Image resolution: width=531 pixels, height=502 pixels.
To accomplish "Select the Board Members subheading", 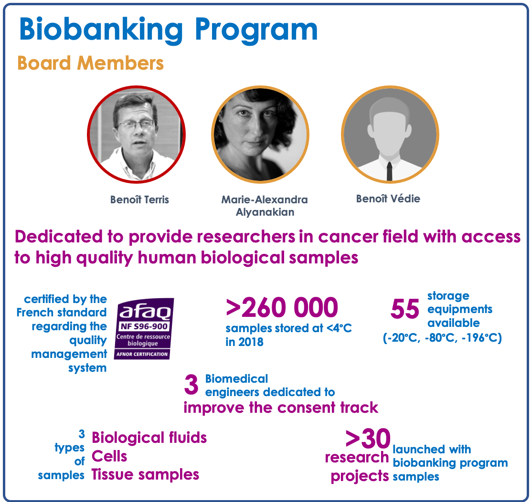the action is (90, 63).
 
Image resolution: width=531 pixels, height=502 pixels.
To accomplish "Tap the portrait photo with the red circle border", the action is (136, 135).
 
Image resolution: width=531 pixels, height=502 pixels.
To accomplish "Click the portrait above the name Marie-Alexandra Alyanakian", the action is (260, 135).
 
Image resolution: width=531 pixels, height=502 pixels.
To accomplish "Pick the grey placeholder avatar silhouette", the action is (390, 135).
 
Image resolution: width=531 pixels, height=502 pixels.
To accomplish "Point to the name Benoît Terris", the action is (139, 199).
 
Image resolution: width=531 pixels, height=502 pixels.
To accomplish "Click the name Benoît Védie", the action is (388, 199).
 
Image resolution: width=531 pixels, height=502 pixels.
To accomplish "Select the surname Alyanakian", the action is (265, 212).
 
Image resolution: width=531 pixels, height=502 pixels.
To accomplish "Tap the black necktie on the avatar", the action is (390, 171).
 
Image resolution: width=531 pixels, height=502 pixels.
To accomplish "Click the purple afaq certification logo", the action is (144, 329).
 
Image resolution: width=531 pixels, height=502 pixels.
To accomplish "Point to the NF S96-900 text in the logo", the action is (144, 327).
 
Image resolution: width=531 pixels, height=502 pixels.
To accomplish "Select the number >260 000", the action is (282, 307).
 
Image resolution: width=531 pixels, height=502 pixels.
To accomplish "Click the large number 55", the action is (404, 309).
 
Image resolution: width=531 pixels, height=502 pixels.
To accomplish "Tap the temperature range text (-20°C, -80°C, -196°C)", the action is (442, 338).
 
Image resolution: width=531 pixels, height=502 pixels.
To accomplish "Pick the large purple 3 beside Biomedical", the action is (191, 385).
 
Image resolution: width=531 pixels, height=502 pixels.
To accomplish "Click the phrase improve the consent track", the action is (281, 408).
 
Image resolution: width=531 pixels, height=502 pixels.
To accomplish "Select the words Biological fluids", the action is (149, 438).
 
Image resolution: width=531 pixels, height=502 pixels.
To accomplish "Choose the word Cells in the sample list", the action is (109, 456).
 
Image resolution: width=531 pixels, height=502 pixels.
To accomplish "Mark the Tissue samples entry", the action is (145, 475).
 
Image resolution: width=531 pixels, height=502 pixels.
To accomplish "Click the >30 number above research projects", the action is (368, 439).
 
